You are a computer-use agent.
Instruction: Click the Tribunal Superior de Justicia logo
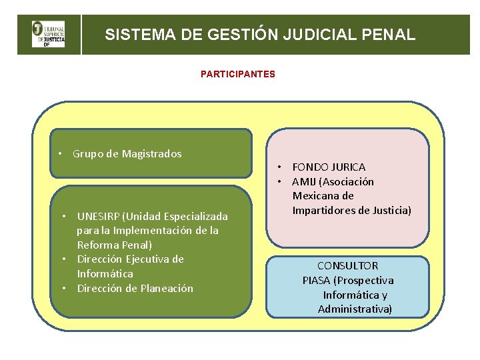coord(49,35)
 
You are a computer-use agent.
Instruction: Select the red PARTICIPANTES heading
coord(237,74)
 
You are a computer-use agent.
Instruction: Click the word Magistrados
coord(152,154)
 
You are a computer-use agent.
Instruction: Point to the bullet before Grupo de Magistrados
coord(60,154)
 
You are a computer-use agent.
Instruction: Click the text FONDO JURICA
coord(329,167)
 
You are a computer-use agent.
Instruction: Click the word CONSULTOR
coord(347,265)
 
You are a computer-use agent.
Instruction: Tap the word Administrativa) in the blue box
coord(355,309)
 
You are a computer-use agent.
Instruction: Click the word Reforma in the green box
coord(96,245)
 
